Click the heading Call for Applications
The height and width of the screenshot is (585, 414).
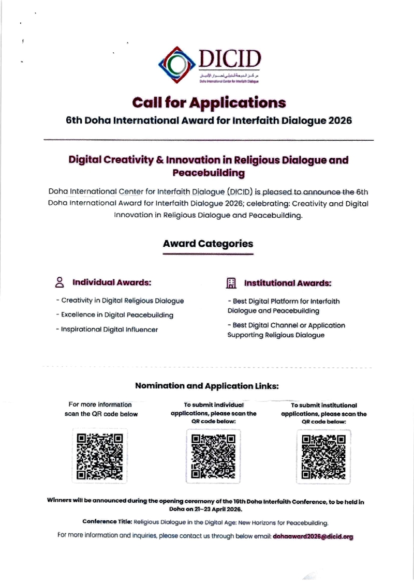pos(209,102)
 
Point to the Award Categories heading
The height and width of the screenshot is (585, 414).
pos(208,243)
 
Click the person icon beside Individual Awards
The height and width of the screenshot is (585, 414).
pos(60,282)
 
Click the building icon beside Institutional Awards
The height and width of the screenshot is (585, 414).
pos(231,283)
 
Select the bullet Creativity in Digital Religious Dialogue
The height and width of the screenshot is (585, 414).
pos(120,301)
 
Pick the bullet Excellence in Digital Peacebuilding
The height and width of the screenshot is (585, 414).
pos(115,314)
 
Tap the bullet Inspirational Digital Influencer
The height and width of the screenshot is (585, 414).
pos(107,329)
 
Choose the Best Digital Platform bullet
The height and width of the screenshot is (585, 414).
pos(284,306)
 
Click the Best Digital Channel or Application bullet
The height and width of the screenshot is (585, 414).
pos(286,330)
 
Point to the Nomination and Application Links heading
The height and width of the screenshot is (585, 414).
pos(207,386)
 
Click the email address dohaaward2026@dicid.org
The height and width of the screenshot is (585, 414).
pos(313,537)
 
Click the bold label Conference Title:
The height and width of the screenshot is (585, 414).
pos(108,522)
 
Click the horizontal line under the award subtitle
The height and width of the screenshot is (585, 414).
pos(209,140)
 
